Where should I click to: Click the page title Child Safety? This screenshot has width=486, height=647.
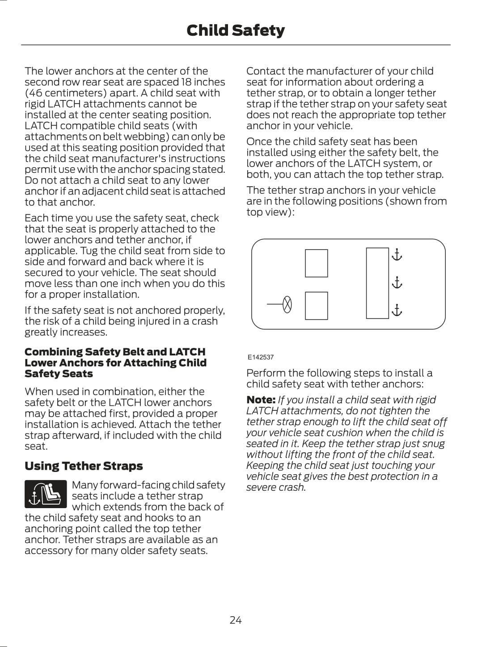coord(235,30)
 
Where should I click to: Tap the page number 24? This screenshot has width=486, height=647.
coord(236,620)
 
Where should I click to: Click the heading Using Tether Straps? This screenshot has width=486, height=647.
coord(84,466)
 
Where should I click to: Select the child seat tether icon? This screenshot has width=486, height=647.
coord(46,494)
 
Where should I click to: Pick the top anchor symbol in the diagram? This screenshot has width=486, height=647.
coord(397,255)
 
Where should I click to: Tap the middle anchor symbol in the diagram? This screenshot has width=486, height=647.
coord(397,283)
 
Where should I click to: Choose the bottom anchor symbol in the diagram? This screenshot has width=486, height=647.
coord(397,310)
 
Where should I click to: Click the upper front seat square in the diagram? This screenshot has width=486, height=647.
coord(316,263)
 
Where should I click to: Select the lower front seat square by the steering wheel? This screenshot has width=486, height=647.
coord(316,306)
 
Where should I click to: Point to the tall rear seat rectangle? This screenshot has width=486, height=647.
coord(377,283)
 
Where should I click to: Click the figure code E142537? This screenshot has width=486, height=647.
coord(261,357)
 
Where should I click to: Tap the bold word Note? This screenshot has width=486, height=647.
coord(261,400)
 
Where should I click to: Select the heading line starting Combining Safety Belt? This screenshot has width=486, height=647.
coord(115,352)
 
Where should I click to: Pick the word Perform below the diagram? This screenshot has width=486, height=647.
coord(266,373)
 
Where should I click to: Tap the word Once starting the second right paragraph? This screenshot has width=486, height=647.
coord(258,142)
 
